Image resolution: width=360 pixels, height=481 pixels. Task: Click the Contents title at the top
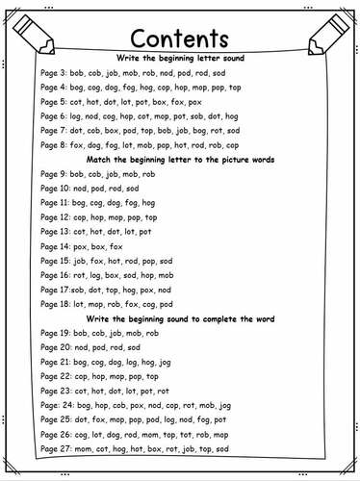click(179, 39)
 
